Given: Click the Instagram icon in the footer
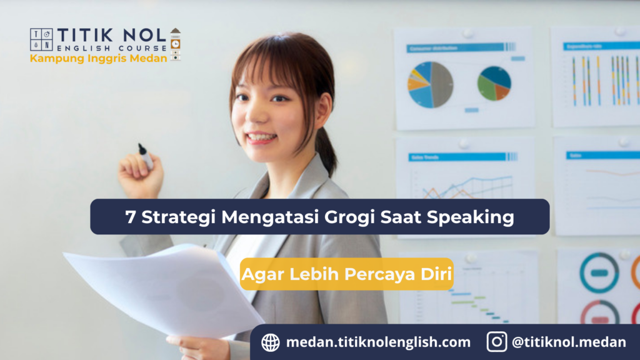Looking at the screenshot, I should coord(497,342).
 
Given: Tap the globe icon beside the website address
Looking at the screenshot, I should coord(271,342).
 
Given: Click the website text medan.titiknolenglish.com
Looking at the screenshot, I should coord(378,342).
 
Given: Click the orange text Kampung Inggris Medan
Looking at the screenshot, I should coord(98,59).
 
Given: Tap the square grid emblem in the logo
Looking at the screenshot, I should coord(41,39).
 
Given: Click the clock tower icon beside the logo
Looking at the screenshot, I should coord(176,44).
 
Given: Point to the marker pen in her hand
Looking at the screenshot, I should coord(146,156).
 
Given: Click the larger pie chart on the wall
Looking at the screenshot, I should coord(431,84).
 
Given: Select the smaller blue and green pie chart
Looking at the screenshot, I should coord(494,83).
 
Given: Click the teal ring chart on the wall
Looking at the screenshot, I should coord(599,272).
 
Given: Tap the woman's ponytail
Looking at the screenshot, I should coord(326,150).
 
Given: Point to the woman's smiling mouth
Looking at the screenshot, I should coord(262,137).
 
